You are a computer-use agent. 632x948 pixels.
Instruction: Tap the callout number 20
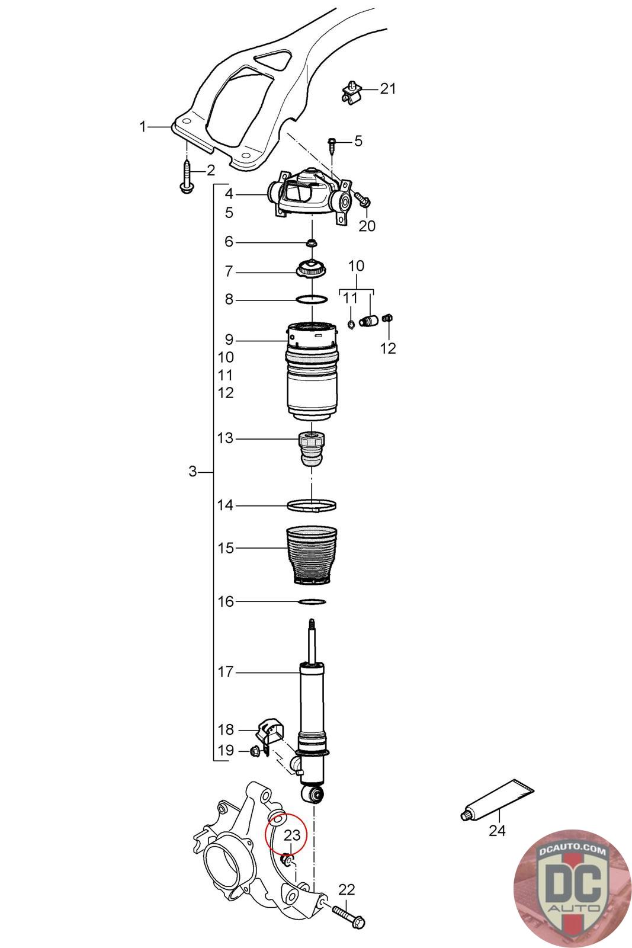[x=367, y=226]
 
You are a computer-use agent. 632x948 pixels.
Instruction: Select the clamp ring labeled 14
[x=312, y=506]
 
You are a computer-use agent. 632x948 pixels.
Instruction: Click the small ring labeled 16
[x=312, y=602]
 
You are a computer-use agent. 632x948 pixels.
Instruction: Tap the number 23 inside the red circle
[x=292, y=835]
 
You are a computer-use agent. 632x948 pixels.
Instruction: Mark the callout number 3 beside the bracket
[x=192, y=472]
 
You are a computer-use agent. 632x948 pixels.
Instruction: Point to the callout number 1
[x=142, y=126]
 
